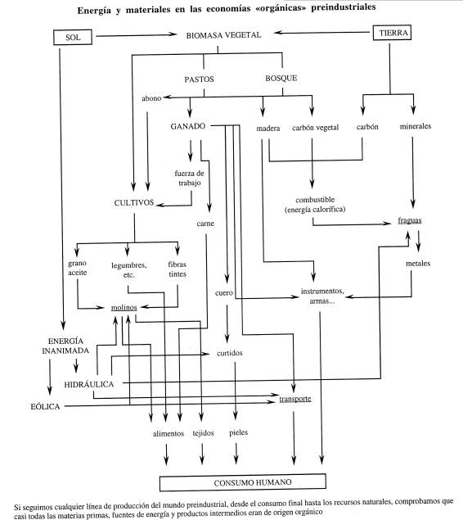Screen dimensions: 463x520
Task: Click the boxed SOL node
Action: click(x=73, y=37)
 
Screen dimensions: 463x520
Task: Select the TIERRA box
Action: click(x=392, y=33)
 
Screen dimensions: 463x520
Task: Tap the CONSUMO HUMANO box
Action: click(x=243, y=482)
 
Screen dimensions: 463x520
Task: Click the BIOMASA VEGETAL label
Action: click(x=223, y=35)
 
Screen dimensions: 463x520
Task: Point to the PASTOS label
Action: click(x=199, y=79)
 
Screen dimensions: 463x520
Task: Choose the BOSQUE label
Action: click(x=281, y=79)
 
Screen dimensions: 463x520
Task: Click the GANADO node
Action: click(x=188, y=126)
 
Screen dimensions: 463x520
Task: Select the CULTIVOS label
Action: click(x=134, y=202)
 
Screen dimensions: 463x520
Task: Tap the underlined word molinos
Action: click(x=124, y=308)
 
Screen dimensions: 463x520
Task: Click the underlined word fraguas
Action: click(x=410, y=220)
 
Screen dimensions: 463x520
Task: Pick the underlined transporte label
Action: click(x=295, y=399)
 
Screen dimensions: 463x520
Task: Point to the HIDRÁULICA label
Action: click(x=89, y=384)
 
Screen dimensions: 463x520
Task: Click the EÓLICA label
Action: click(x=45, y=406)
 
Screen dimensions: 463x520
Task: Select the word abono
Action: click(x=151, y=98)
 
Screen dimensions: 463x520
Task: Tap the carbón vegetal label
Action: click(x=315, y=128)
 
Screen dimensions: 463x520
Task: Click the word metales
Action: click(x=418, y=264)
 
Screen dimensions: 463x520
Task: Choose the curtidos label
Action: click(x=230, y=353)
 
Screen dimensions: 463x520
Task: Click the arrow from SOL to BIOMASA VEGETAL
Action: click(x=136, y=35)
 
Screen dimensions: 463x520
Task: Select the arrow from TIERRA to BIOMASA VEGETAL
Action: click(x=321, y=33)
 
